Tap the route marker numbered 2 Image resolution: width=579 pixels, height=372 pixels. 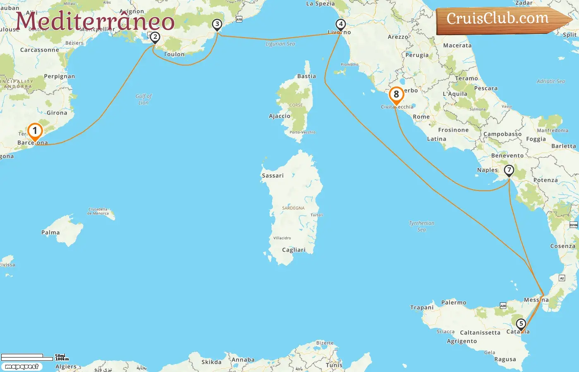click(155, 37)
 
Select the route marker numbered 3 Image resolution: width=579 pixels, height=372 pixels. click(217, 24)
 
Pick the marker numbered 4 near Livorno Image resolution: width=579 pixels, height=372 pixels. click(340, 24)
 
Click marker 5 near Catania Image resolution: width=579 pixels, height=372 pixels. click(521, 324)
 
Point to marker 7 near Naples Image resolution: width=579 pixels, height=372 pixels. click(509, 170)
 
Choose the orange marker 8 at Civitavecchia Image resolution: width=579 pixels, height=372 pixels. click(396, 95)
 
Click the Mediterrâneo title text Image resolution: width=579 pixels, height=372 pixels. click(95, 21)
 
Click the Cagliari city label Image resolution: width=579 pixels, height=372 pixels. click(294, 250)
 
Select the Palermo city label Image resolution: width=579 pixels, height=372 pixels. click(454, 303)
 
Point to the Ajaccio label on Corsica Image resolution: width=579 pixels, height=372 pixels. click(280, 116)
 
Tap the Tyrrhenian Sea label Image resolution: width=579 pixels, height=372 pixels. click(421, 226)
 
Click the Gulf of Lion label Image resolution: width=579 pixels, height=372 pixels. click(144, 99)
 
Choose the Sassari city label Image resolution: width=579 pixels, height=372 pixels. click(273, 176)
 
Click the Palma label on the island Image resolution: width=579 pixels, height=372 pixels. click(50, 233)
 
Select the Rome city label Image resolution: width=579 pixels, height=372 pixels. click(421, 117)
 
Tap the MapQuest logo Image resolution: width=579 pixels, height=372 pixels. click(22, 367)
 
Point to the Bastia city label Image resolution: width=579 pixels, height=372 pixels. click(306, 76)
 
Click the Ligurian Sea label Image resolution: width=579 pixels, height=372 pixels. click(280, 44)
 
